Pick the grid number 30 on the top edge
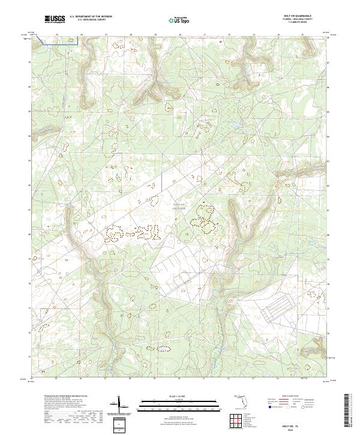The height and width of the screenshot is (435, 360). (x=180, y=35)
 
